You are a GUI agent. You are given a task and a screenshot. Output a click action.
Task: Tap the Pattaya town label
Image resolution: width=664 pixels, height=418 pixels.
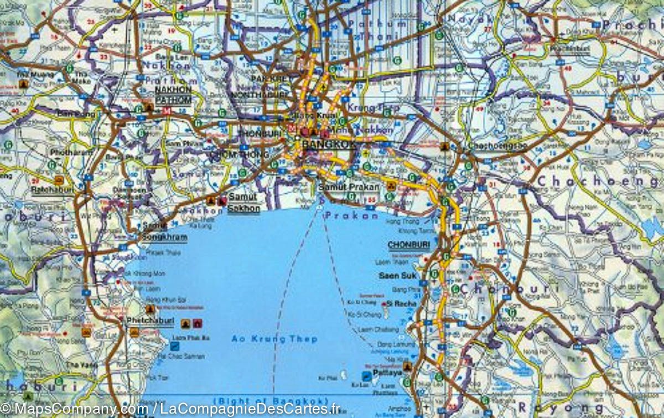387,373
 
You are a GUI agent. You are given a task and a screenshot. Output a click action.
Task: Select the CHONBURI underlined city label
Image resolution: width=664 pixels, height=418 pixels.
409,244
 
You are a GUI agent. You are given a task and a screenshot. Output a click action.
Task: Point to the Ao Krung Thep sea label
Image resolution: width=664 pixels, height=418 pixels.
274,339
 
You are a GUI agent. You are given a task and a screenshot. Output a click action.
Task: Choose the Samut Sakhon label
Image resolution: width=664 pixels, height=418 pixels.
243,203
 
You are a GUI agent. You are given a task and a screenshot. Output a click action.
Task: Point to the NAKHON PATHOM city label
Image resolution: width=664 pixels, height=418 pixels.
173,95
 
